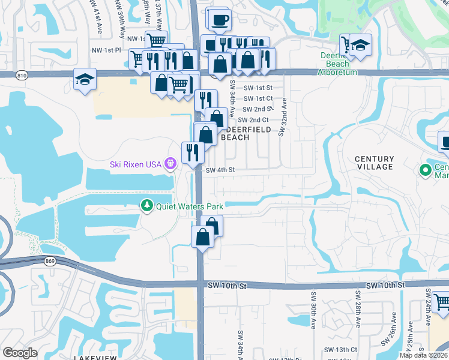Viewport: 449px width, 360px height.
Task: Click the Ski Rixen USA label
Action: pyautogui.click(x=137, y=164)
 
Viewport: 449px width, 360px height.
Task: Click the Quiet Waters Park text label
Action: pyautogui.click(x=190, y=206)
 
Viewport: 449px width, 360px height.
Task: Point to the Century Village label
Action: pyautogui.click(x=374, y=163)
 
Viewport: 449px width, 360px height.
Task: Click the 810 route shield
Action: pyautogui.click(x=22, y=75)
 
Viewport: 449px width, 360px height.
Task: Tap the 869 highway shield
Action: pyautogui.click(x=50, y=261)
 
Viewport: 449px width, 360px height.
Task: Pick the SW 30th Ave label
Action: pyautogui.click(x=313, y=311)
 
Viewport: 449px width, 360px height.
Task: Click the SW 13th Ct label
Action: pyautogui.click(x=340, y=349)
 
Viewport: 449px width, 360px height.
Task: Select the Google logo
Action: pyautogui.click(x=20, y=353)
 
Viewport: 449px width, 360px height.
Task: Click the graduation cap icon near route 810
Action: pyautogui.click(x=85, y=79)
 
